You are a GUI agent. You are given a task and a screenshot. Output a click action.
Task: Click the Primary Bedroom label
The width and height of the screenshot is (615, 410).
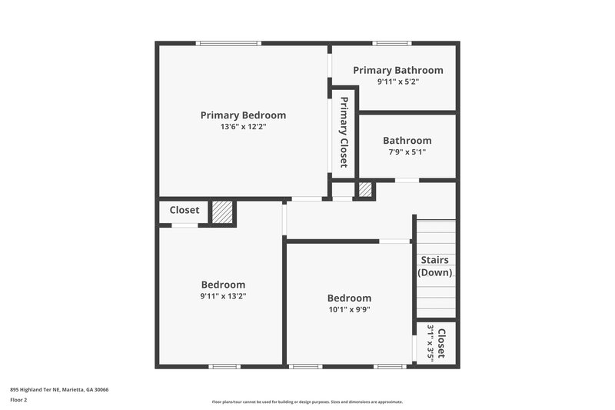[x=243, y=115]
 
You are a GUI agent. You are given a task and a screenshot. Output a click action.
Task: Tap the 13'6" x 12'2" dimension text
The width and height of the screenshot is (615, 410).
[x=243, y=127]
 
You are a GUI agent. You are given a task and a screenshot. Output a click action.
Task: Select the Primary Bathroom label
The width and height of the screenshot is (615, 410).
[x=398, y=70]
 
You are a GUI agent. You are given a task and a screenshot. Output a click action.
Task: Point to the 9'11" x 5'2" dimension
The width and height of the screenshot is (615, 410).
[x=398, y=81]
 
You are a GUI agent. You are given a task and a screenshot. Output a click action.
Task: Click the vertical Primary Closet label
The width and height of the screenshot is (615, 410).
[x=344, y=132]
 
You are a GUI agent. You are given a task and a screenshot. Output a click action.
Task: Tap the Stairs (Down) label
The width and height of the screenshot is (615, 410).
[x=435, y=266]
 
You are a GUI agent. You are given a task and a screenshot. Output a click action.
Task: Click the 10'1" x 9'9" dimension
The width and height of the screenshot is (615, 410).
[x=349, y=310]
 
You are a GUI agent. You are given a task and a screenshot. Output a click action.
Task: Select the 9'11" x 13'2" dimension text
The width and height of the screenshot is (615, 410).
[x=223, y=296]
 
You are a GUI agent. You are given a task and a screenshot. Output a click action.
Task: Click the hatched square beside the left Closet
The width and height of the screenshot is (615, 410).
[x=222, y=213]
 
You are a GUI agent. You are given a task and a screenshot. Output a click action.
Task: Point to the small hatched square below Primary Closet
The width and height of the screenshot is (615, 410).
[x=365, y=189]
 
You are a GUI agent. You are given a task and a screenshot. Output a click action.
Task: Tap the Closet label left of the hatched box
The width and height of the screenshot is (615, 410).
[x=184, y=210]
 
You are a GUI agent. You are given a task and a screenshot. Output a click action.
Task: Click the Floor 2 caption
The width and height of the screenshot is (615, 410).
[x=18, y=400]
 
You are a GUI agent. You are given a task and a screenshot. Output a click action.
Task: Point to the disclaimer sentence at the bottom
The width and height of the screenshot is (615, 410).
[x=307, y=402]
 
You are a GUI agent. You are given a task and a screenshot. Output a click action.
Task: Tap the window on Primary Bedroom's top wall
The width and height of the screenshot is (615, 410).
[x=223, y=43]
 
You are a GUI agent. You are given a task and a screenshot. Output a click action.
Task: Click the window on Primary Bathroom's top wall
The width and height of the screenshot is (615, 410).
[x=386, y=43]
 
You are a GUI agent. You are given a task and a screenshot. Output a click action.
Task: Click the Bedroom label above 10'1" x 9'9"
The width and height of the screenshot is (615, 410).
[x=349, y=298]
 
